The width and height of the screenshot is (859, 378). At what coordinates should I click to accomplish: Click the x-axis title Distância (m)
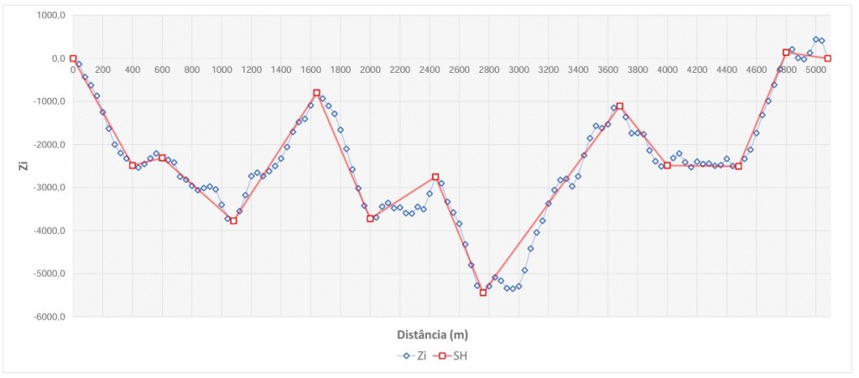coord(432,334)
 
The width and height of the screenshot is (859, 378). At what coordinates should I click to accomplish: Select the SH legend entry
coord(454,355)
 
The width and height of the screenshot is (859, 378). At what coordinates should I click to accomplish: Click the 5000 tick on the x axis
coord(815,70)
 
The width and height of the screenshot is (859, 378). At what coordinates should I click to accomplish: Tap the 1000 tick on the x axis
coord(221,70)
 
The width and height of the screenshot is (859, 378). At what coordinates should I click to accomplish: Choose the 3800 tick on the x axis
coord(638,70)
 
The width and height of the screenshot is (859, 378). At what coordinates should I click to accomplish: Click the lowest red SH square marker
coord(483,293)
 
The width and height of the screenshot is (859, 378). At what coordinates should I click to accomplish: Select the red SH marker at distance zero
coord(73,59)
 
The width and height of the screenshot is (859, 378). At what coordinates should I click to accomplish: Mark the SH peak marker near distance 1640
coord(316,93)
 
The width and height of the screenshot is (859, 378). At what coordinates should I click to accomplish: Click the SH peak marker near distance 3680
coord(619,106)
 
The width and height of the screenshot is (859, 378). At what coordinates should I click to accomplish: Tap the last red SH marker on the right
coord(828,59)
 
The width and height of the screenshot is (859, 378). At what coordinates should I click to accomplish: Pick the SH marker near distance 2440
coord(435,177)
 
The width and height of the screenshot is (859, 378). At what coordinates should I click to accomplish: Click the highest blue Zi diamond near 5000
coord(815,39)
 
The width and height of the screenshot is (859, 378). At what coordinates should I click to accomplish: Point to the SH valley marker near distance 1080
coord(233,220)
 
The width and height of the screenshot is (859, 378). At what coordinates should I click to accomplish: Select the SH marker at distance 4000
coord(667,166)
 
